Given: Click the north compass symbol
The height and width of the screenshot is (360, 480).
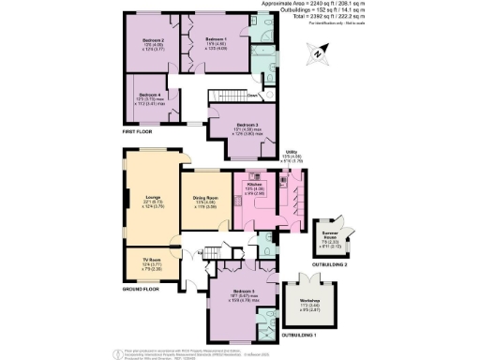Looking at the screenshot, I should pos(319,54).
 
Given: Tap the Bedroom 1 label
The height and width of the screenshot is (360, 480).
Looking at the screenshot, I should pos(217,39).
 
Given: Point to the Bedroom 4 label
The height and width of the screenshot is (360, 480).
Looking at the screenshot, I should pos(148,95).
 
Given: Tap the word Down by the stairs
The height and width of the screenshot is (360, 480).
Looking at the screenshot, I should pos(252,95).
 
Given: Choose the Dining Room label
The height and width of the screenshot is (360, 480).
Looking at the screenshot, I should pos(205,196).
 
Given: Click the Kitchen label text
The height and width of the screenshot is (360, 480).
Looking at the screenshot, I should pos(253,185).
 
